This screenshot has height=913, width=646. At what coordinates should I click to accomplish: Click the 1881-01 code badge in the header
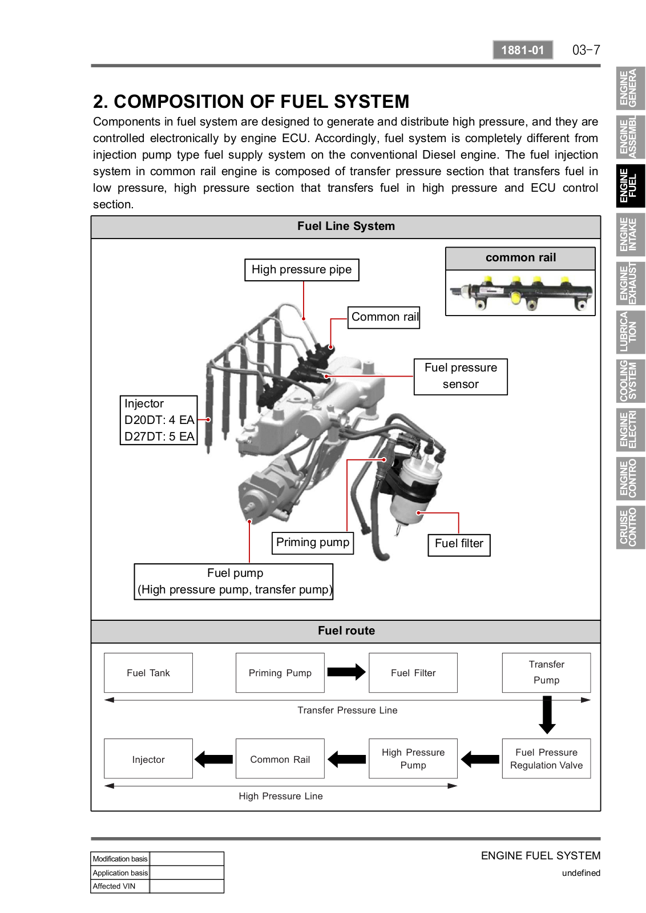point(522,50)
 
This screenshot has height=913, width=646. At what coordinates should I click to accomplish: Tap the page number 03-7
point(586,50)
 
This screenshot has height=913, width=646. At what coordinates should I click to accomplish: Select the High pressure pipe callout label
point(302,270)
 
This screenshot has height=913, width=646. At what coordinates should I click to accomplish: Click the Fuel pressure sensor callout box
point(461,376)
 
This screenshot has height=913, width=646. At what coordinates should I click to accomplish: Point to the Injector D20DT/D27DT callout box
point(159,420)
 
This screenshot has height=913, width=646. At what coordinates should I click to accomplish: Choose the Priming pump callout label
point(313,543)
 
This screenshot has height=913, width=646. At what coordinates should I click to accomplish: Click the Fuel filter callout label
point(459,544)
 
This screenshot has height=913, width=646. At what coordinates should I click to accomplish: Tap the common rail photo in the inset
point(520,292)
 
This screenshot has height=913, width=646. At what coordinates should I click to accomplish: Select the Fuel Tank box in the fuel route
point(148,673)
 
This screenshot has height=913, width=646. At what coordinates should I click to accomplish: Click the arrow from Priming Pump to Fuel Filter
point(346,672)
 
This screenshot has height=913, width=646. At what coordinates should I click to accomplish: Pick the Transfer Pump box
point(546,672)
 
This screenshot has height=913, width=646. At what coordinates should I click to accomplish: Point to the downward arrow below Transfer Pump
point(547,714)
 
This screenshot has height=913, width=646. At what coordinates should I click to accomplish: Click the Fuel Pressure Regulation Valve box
point(546,759)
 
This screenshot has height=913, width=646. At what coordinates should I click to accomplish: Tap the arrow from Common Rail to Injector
point(214,759)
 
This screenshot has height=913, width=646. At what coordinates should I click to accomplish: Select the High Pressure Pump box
point(413,759)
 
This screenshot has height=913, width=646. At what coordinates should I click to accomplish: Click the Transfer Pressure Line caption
point(347,710)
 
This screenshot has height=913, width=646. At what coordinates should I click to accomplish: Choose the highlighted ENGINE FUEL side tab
point(629,185)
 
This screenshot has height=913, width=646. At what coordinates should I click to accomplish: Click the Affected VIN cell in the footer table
point(120,886)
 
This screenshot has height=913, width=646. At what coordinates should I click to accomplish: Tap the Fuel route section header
point(346,631)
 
